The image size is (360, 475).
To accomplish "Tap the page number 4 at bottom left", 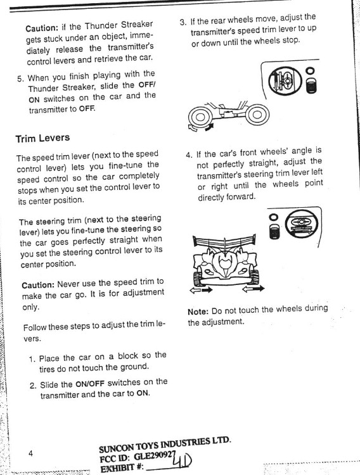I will [30, 453].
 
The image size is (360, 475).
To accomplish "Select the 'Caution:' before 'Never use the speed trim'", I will [39, 285].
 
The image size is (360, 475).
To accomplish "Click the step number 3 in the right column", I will [183, 22].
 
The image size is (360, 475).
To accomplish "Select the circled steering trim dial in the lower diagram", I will [299, 225].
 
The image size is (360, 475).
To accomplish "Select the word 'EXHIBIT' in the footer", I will [118, 467].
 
